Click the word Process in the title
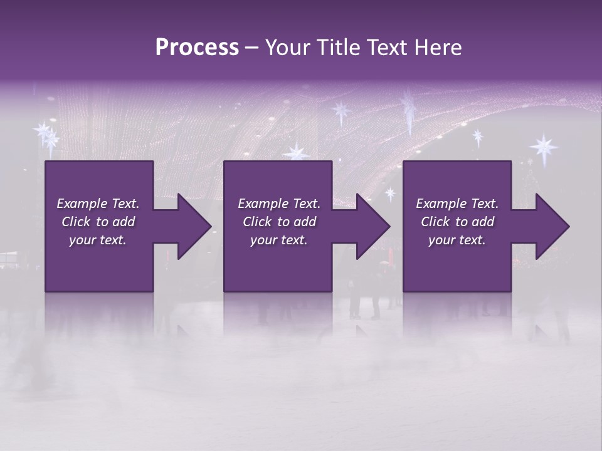pos(197,48)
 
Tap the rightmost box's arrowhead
pos(551,226)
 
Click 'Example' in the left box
pos(82,204)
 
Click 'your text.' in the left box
pos(98,240)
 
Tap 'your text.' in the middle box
pos(278,240)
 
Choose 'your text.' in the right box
pos(457,240)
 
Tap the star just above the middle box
pos(296,152)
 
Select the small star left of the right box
pos(390,194)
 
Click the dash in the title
pos(252,48)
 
